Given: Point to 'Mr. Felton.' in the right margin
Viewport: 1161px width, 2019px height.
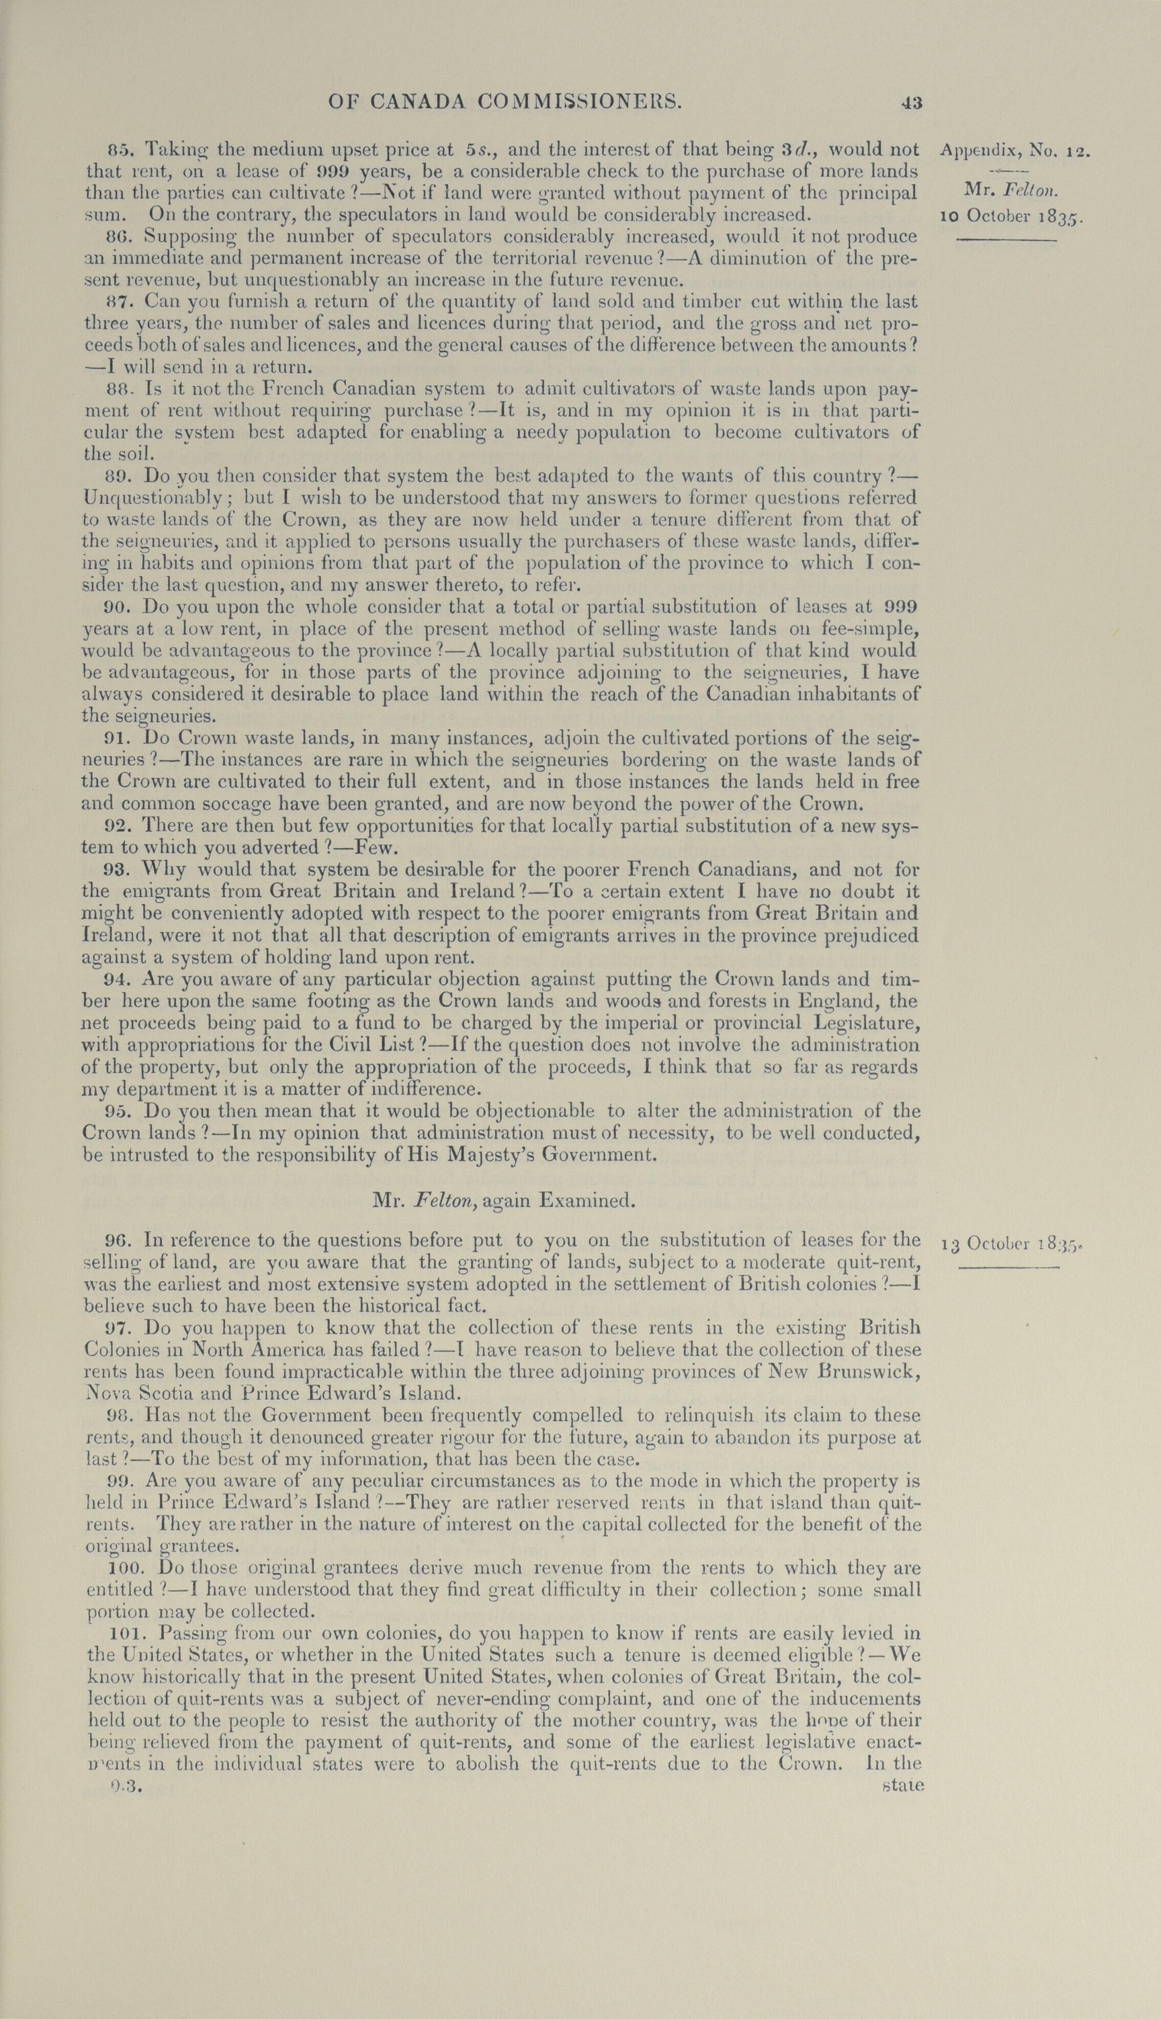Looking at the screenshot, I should pos(1011,190).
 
